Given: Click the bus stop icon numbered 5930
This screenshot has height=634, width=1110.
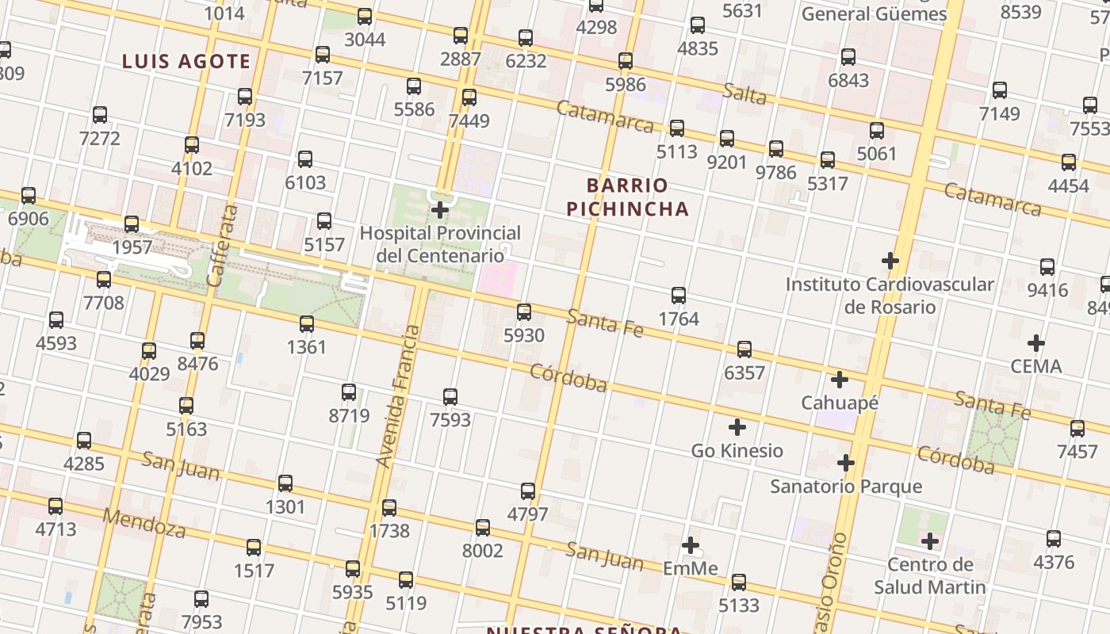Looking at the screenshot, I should click(x=524, y=311).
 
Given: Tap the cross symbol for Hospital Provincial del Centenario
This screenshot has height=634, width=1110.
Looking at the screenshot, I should click(x=440, y=210).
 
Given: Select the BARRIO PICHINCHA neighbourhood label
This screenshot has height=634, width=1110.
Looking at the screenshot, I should click(x=637, y=197).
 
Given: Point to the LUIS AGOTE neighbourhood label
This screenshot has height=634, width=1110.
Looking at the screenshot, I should click(x=186, y=62).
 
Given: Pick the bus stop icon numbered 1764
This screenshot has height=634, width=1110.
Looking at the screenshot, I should click(x=679, y=296).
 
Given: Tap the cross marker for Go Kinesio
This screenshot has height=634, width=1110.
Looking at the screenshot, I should click(x=737, y=427).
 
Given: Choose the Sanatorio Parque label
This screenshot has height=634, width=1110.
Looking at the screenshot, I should click(x=846, y=486).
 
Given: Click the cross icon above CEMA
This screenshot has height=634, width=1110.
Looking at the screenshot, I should click(x=1035, y=343).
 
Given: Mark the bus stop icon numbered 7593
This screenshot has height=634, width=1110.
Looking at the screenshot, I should click(x=450, y=396).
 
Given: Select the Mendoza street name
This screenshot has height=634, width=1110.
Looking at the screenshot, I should click(x=144, y=524).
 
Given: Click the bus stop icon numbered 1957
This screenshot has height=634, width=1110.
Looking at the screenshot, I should click(x=132, y=223).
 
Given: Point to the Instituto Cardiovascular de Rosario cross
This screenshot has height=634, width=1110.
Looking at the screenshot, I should click(x=890, y=260).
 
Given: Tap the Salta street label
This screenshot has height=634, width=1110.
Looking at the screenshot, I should click(x=744, y=94).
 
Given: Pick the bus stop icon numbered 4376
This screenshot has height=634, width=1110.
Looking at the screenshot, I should click(x=1054, y=539).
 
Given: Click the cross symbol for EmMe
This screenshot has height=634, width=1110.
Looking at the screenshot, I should click(x=691, y=545).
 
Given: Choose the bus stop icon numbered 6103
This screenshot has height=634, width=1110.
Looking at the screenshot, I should click(x=305, y=158).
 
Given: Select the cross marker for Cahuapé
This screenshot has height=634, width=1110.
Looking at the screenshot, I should click(x=840, y=380).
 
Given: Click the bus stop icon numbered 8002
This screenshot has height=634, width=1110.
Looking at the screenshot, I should click(x=482, y=527).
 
